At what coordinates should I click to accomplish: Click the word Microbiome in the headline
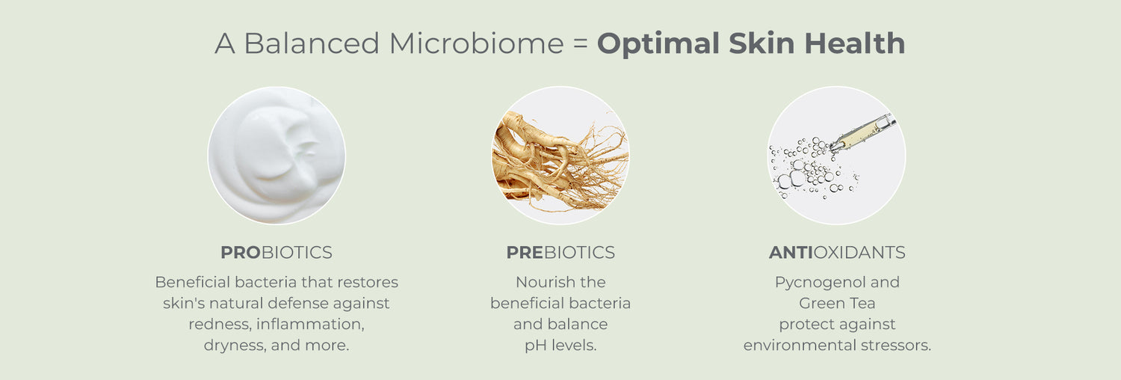477,43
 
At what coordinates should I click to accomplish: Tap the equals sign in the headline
581,43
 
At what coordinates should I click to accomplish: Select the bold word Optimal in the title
658,44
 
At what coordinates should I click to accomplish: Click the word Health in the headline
855,43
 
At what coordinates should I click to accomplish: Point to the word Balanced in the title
312,43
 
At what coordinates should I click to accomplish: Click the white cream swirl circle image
277,155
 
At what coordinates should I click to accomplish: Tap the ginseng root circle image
560,155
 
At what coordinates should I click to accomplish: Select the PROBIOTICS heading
277,252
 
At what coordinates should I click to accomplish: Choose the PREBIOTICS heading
560,252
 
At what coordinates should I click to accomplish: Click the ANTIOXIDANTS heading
837,252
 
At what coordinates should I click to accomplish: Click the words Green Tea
837,304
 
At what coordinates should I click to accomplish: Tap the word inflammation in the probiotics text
310,325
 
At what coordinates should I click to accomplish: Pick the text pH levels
560,346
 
